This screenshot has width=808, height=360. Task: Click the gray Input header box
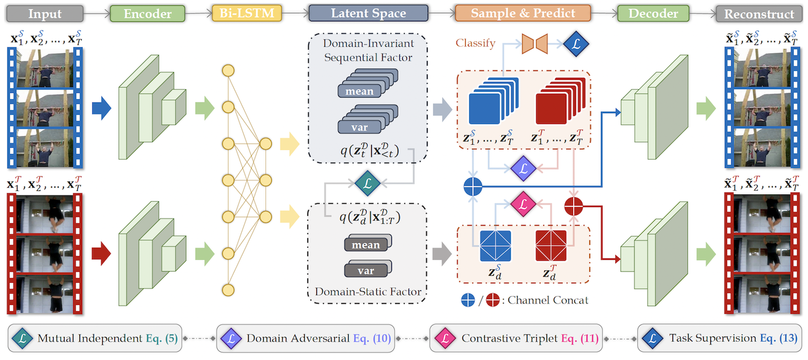pos(45,13)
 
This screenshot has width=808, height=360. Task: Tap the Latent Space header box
pos(368,13)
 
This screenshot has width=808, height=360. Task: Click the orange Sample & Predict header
pos(523,13)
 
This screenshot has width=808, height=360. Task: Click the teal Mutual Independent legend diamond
pos(24,338)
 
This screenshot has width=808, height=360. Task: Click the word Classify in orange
pos(476,43)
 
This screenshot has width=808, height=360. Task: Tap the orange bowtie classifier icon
pos(534,42)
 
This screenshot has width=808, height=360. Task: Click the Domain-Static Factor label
pos(367,292)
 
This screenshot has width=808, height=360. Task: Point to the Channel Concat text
pos(553,300)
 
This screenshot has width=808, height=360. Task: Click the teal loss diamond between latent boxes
pos(367,184)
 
